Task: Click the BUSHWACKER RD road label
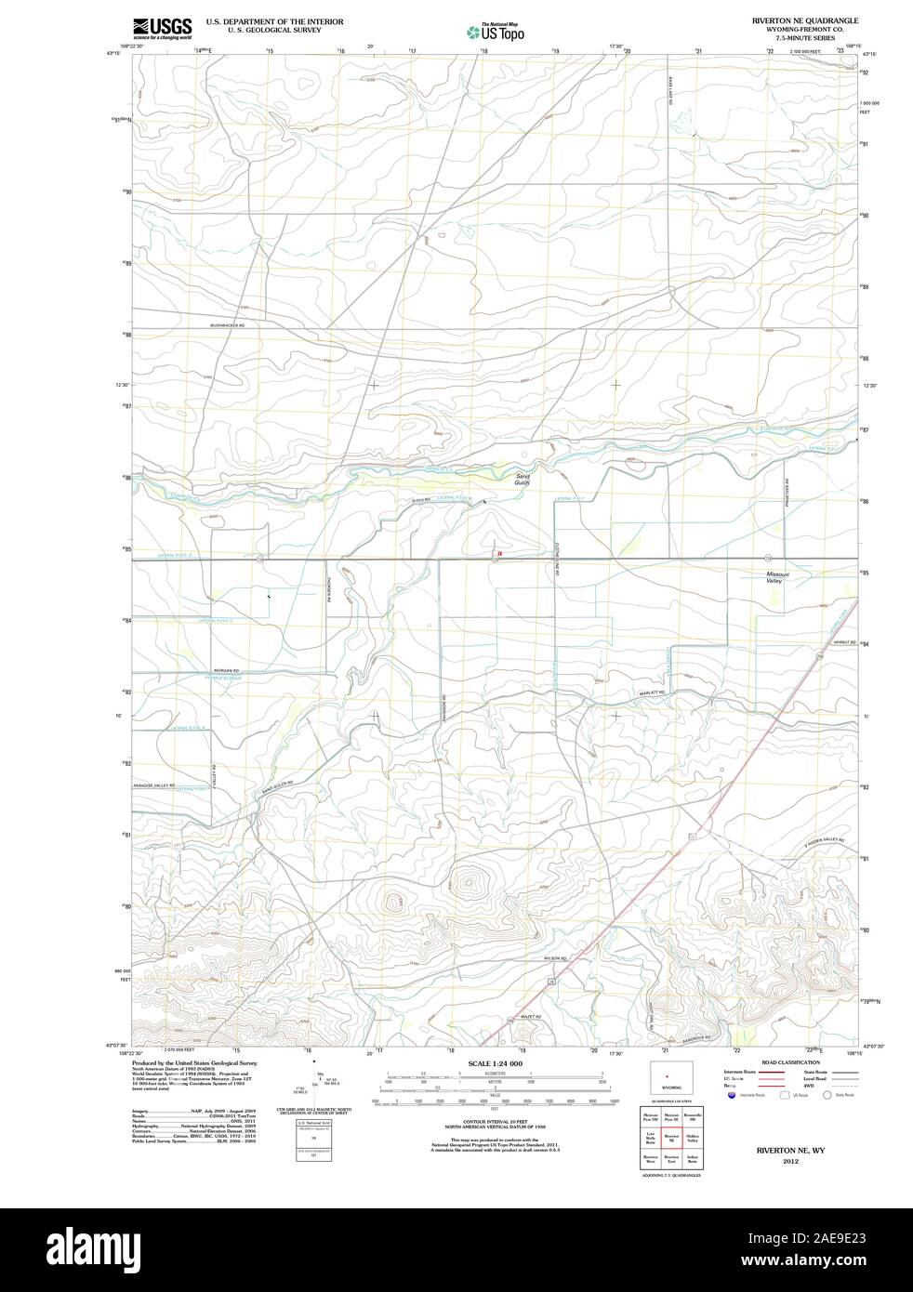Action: pyautogui.click(x=227, y=325)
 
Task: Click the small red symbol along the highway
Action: pyautogui.click(x=500, y=553)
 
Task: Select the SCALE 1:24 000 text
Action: pyautogui.click(x=496, y=1063)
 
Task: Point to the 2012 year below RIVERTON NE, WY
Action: pyautogui.click(x=791, y=1162)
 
